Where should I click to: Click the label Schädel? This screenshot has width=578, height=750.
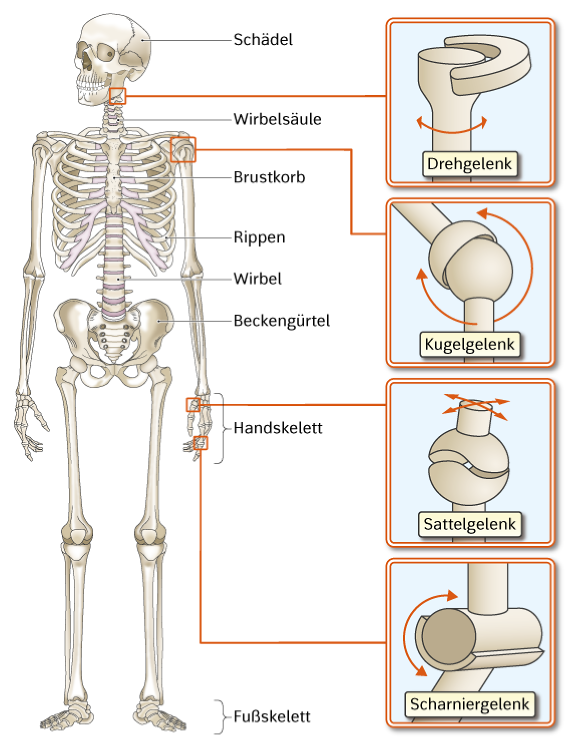[x=263, y=40]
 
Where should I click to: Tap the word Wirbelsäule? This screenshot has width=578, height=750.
[x=277, y=119]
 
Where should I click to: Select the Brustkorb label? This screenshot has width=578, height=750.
[x=269, y=177]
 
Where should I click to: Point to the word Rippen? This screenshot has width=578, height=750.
[x=259, y=238]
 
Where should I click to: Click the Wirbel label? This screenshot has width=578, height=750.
[x=258, y=279]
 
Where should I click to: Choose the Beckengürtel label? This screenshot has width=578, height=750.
[x=282, y=321]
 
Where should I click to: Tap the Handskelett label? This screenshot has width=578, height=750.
[x=278, y=428]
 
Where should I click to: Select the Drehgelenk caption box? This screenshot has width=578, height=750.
[x=470, y=164]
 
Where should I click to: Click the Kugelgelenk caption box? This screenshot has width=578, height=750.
[x=470, y=344]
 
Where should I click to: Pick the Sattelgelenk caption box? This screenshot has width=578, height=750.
[x=470, y=524]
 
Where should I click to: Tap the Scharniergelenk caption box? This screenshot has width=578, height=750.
[x=470, y=704]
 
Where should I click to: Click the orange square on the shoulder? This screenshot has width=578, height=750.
[x=183, y=150]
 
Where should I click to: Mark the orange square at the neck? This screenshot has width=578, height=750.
[x=118, y=96]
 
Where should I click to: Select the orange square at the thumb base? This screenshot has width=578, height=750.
[x=194, y=404]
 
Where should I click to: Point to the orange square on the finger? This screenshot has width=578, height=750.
[x=201, y=443]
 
